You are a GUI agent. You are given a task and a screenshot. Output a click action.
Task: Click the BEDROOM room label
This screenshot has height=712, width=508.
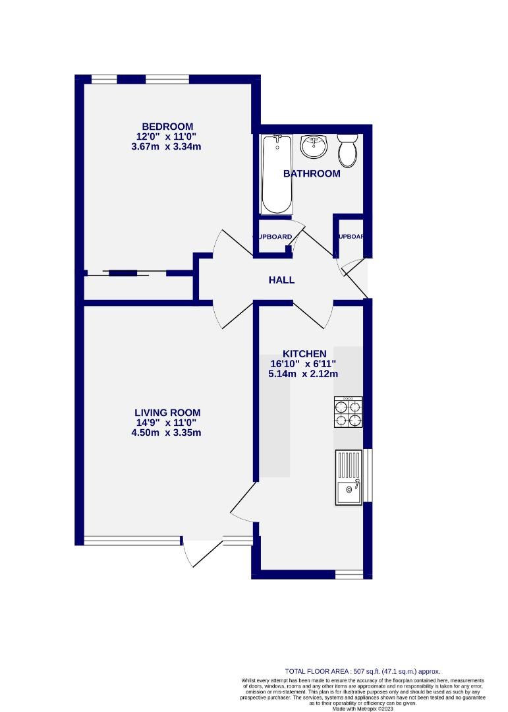click(x=167, y=127)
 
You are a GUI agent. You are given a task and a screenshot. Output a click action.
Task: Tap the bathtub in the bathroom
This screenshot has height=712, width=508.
click(x=275, y=174)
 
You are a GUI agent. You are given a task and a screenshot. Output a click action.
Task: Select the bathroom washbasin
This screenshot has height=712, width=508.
click(x=314, y=147)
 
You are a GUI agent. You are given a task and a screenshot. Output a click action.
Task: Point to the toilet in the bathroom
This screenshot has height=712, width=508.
click(x=347, y=151)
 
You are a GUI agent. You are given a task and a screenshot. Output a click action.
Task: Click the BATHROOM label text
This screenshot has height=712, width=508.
click(x=312, y=174)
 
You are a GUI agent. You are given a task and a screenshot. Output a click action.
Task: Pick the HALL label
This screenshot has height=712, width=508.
click(x=281, y=280)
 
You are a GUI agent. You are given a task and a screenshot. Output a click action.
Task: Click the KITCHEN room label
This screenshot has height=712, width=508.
click(x=304, y=353)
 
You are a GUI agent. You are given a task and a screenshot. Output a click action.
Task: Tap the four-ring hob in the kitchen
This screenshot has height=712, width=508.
click(x=348, y=413)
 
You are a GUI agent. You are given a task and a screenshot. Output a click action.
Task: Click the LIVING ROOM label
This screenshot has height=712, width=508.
click(x=167, y=413)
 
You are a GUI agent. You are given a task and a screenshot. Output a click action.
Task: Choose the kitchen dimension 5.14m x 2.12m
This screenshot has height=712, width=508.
click(x=304, y=374)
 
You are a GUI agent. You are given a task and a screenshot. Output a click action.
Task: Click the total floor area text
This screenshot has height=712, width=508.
click(x=362, y=670)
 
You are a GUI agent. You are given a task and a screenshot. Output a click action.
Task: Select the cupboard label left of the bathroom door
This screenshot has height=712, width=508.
click(x=273, y=237)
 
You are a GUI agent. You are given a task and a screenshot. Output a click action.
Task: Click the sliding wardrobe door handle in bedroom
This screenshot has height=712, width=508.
click(x=123, y=273)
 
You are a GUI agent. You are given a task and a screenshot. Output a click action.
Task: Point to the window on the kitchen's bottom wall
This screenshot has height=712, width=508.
click(x=349, y=574)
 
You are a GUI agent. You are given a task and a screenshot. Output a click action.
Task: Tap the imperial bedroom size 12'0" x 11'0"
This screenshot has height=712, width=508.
click(x=167, y=136)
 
